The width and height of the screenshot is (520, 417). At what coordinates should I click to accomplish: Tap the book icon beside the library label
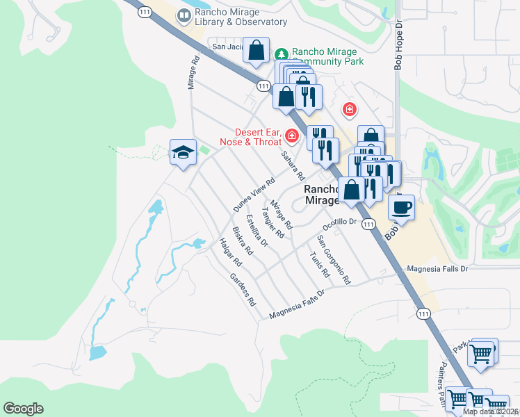click(184, 15)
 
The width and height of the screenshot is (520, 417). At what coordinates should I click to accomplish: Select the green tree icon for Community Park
click(282, 54)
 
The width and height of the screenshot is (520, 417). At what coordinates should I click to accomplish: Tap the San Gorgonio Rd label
click(334, 260)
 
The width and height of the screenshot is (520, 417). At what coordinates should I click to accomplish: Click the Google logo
click(24, 409)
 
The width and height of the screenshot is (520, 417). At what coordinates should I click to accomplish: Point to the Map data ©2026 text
click(490, 411)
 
